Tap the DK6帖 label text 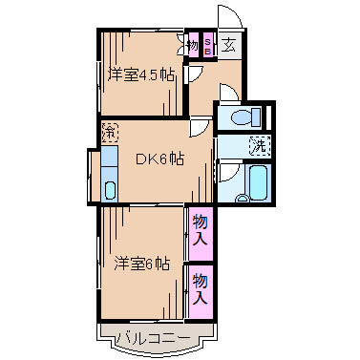coord(158,159)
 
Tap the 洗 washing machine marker coord(257,146)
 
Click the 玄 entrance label coord(231,44)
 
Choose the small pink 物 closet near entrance coord(192,44)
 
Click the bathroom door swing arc coord(226,173)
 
